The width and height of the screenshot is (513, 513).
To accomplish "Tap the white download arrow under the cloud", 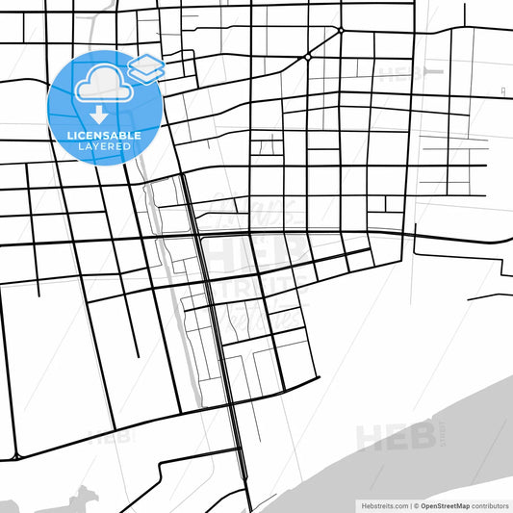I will [99, 114].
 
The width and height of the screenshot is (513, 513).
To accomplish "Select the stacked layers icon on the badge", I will [146, 67].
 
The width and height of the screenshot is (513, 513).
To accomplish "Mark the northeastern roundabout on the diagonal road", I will [341, 31].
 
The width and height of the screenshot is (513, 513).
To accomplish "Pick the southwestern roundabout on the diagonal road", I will [308, 57].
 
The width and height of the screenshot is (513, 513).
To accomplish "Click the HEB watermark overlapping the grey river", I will [394, 435].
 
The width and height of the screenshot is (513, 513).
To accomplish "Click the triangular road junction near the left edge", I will [16, 455].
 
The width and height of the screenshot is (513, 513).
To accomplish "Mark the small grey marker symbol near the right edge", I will [503, 90].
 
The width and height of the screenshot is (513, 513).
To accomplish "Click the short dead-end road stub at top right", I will [464, 13].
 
